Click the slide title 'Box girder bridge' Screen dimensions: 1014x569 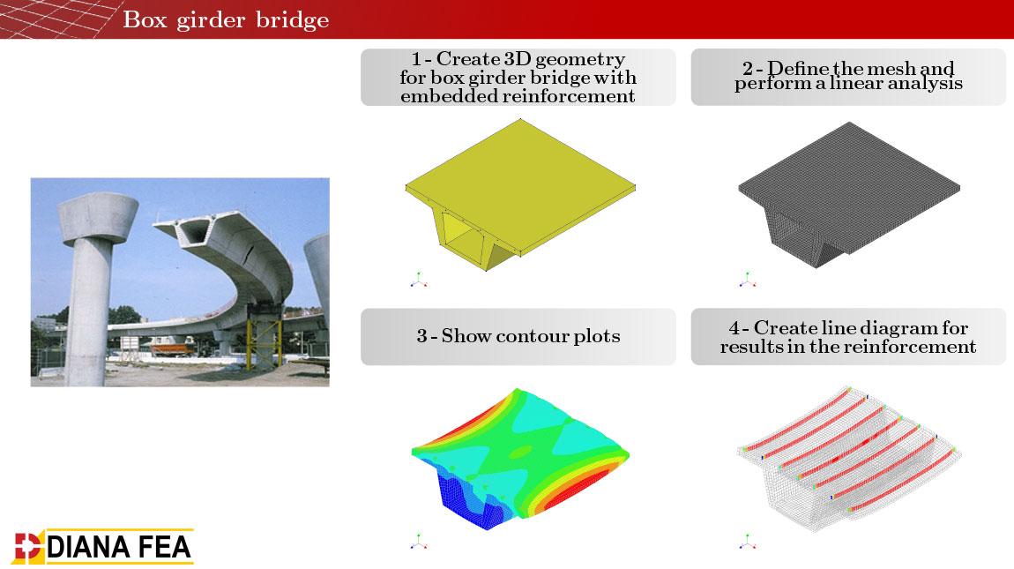click(226, 19)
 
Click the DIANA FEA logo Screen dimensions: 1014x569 click(103, 547)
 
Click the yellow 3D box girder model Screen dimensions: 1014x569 click(520, 194)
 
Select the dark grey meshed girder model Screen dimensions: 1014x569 click(849, 194)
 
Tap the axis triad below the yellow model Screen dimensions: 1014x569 click(419, 281)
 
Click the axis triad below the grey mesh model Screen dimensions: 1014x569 click(748, 280)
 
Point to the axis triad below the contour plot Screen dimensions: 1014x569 click(419, 542)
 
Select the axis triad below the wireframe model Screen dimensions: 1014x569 click(748, 542)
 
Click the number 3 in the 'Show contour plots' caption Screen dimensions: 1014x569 click(421, 336)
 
